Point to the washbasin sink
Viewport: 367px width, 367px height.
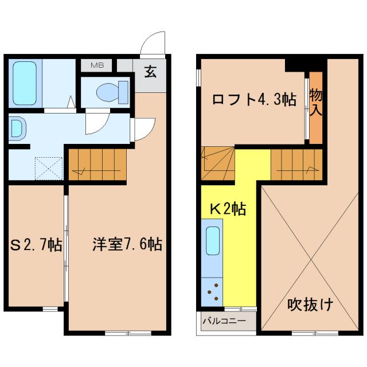pyautogui.click(x=15, y=128)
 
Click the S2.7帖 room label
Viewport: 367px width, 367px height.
pyautogui.click(x=36, y=245)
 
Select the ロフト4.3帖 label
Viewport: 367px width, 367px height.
pyautogui.click(x=253, y=99)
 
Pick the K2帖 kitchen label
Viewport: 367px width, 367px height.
pyautogui.click(x=227, y=209)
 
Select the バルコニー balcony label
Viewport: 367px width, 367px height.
pyautogui.click(x=224, y=321)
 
